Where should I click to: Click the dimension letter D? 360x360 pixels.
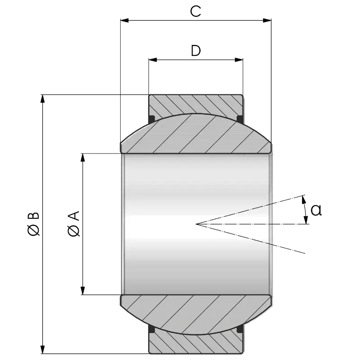point(195,51)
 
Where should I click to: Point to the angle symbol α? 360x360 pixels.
point(315,210)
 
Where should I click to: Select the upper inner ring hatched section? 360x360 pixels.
point(196,135)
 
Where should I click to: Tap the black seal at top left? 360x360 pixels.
point(152,119)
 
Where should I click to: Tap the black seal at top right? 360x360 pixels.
point(240,119)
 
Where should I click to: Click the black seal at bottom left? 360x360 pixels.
point(152,330)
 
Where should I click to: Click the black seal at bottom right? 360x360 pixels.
point(240,330)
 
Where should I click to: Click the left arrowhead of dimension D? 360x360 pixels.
point(153,59)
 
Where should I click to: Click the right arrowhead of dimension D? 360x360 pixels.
point(239,59)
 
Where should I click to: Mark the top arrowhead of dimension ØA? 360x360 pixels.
point(82,157)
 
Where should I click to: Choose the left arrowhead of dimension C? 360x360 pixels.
point(125,20)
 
